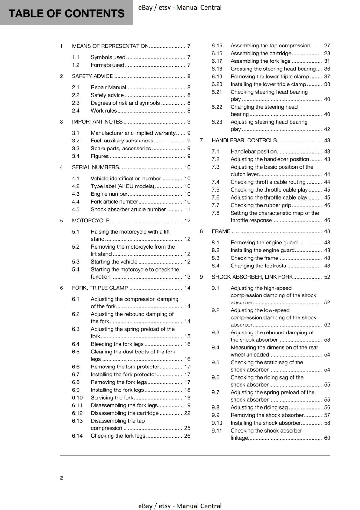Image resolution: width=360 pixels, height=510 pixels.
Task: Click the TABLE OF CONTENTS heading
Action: point(66,13)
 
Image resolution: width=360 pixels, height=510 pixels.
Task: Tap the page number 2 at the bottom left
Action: point(61,477)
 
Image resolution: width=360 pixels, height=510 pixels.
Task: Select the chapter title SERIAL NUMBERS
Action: point(95,167)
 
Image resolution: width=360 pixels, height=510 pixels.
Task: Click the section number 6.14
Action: point(77,436)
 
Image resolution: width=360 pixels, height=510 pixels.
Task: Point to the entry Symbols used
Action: point(108,57)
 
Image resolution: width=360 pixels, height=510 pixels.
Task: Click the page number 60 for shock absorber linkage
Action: point(327,438)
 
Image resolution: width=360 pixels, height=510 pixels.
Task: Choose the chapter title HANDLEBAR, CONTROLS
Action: point(244,140)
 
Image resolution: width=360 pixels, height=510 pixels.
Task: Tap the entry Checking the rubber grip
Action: point(261,205)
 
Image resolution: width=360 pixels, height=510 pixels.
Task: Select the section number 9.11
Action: point(217,431)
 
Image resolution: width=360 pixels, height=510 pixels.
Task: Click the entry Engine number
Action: point(109,194)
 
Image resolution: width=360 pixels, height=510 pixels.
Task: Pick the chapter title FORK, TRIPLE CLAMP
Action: point(100,288)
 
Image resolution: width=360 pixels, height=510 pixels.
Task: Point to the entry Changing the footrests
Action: point(258,266)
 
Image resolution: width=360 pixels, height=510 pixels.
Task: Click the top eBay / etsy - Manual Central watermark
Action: point(180,7)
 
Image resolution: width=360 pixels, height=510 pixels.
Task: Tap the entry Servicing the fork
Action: point(112,398)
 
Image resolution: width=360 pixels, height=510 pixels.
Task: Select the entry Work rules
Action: point(104,111)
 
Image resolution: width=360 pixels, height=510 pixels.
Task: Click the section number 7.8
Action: point(215,213)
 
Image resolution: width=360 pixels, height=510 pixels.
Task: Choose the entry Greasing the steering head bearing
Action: point(273,69)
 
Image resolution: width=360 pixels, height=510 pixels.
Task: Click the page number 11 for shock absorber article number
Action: point(187,209)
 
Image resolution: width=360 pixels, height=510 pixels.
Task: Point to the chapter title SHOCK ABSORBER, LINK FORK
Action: point(252,277)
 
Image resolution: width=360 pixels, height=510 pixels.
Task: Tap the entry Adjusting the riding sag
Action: point(259,407)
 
